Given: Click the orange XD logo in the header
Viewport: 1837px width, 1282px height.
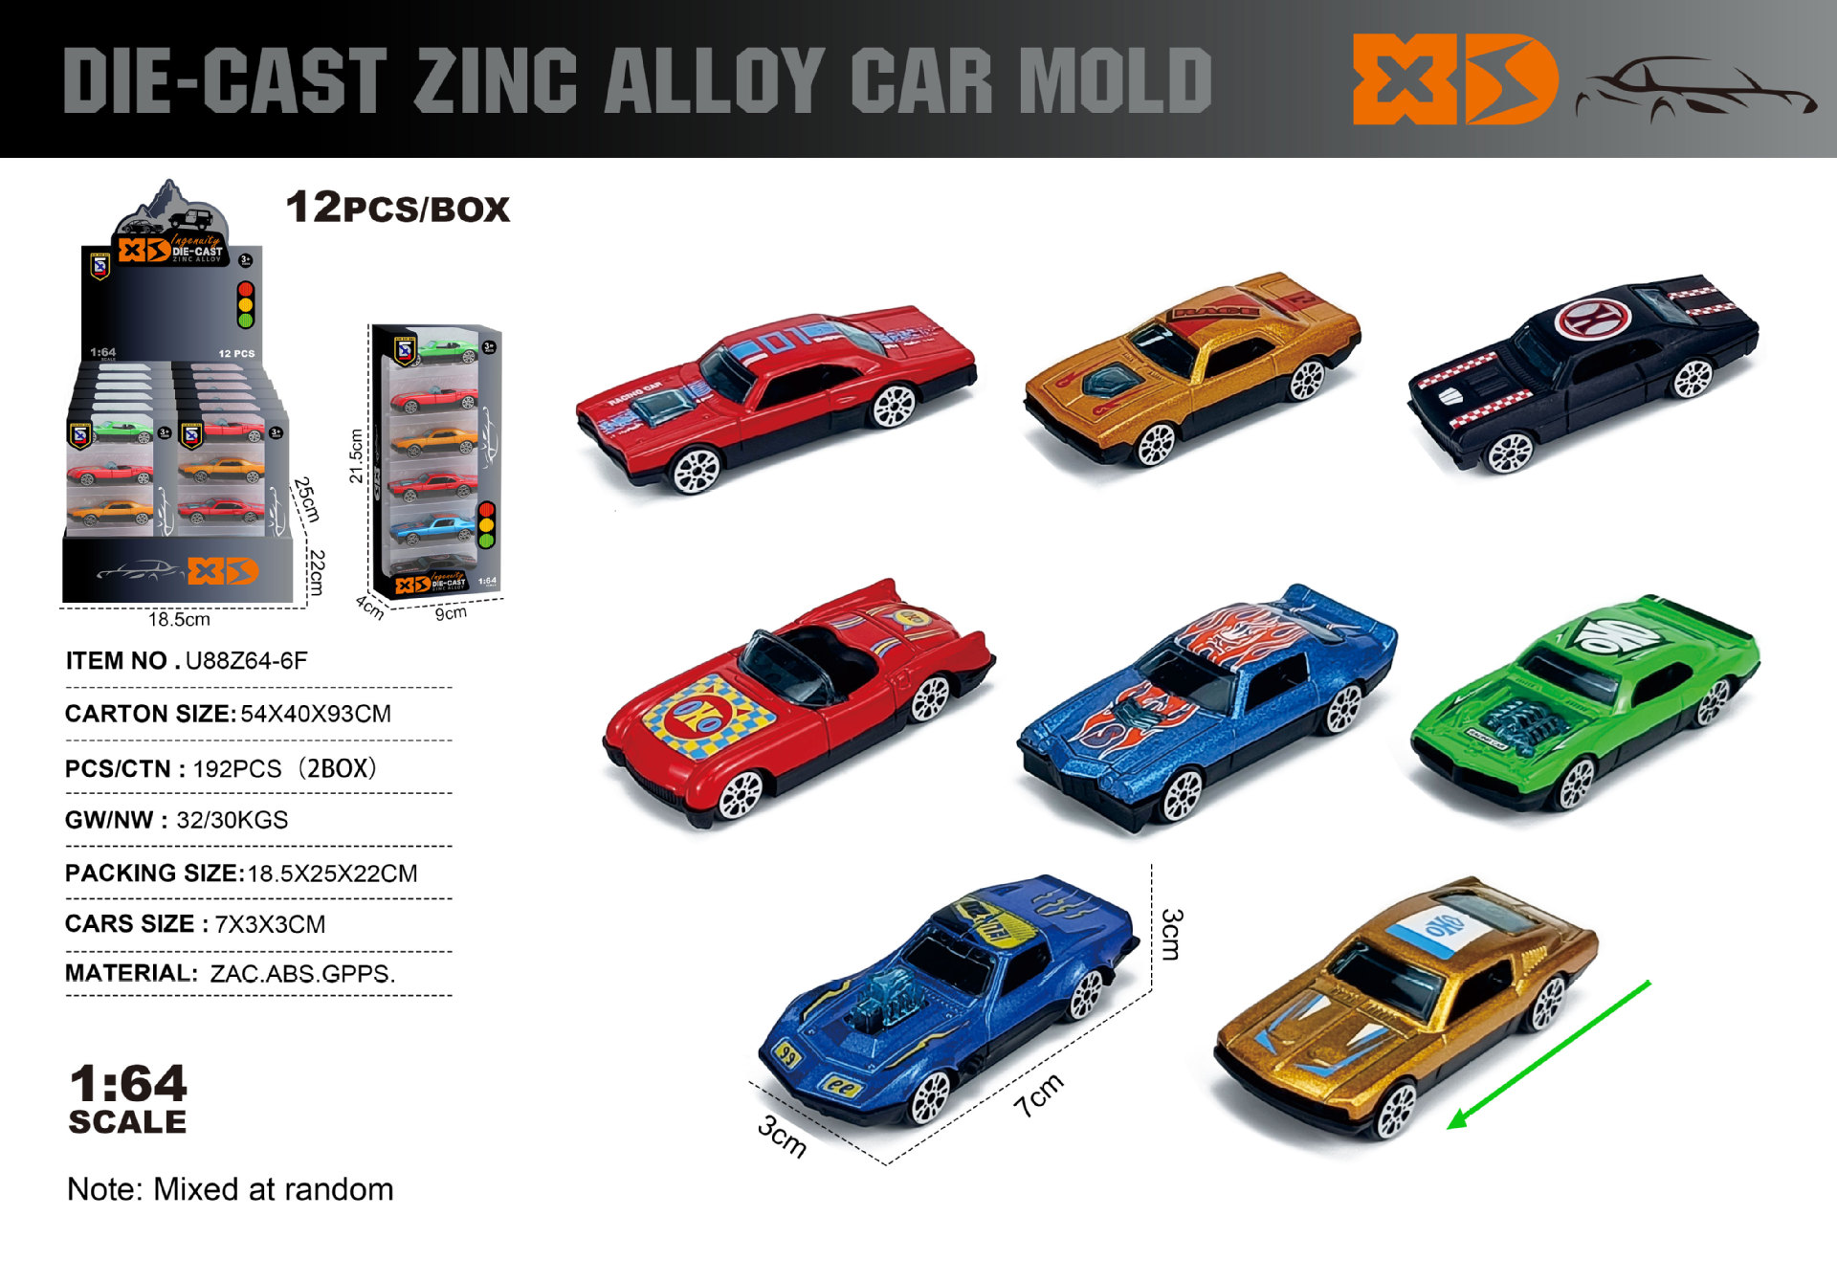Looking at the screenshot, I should (x=1454, y=79).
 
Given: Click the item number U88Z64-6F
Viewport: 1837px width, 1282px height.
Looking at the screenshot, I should (x=246, y=661).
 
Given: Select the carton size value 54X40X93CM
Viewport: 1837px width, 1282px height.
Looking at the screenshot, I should (x=316, y=714).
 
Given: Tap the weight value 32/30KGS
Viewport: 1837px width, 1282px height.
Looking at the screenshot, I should (x=232, y=820).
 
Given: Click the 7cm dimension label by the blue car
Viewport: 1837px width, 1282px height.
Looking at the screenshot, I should (x=1038, y=1095).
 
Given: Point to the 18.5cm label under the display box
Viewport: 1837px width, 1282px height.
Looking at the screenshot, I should (x=179, y=620).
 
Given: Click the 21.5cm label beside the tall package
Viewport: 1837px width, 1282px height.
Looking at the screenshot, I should (x=356, y=456).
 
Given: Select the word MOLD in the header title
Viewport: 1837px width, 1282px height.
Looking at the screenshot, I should (x=1115, y=80).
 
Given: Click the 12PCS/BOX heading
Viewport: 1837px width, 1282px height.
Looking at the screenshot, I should (x=397, y=208).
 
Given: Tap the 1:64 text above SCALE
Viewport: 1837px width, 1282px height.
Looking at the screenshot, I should (x=128, y=1084).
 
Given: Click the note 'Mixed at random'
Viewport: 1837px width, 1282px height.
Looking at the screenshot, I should (x=273, y=1189).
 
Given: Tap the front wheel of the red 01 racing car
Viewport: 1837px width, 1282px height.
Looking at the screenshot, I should (x=696, y=470).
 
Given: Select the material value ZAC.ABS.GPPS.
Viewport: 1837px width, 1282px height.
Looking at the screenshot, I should (x=302, y=974).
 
